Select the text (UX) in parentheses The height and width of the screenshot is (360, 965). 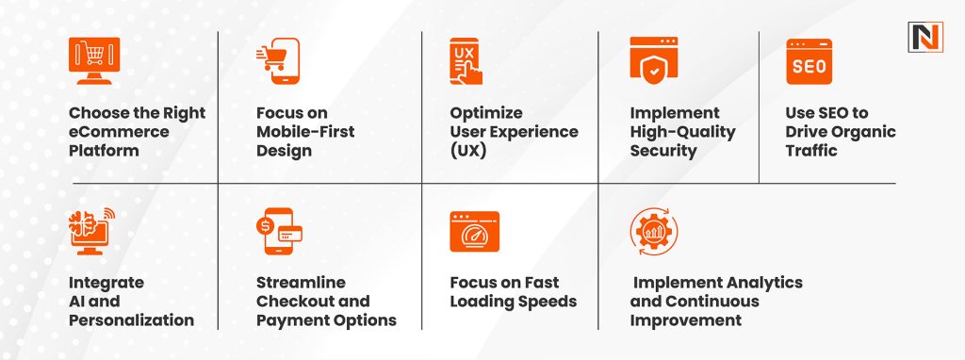[467, 151]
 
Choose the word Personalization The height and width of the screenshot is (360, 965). [131, 320]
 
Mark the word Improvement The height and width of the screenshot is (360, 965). [687, 320]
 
